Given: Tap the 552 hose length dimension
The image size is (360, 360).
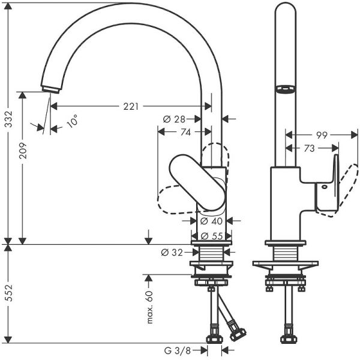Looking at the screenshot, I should (x=8, y=293).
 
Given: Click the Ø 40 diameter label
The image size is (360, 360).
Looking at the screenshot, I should (x=210, y=221).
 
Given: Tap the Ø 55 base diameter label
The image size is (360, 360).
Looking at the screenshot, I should (x=210, y=235).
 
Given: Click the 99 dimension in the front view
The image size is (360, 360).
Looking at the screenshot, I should (x=321, y=136).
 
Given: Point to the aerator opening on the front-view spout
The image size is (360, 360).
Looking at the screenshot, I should (x=284, y=89).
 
